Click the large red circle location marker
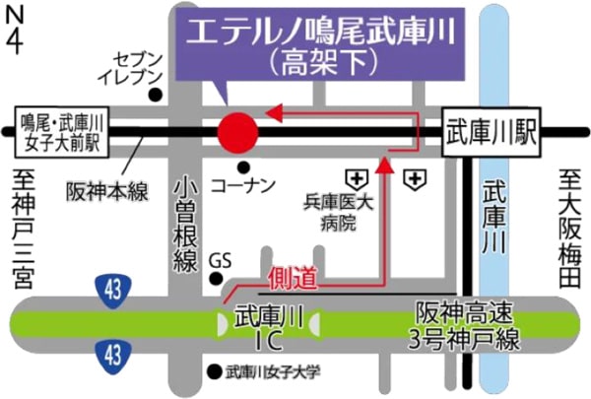coord(236,131)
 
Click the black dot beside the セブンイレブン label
coord(156,96)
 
